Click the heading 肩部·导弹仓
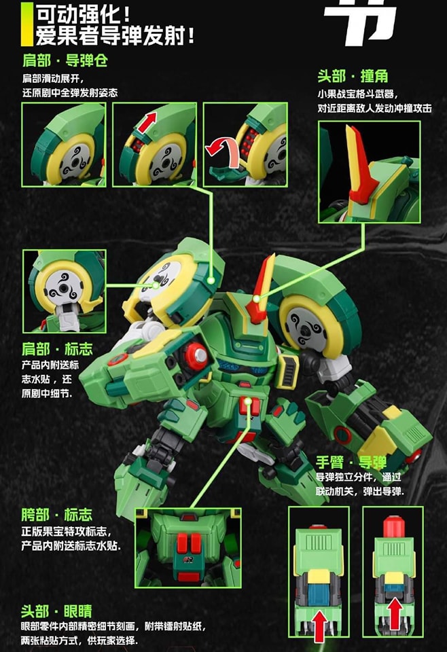coord(66,61)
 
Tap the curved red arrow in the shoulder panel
coord(225,146)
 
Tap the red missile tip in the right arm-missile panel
coord(393,527)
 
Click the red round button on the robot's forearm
coord(196,356)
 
